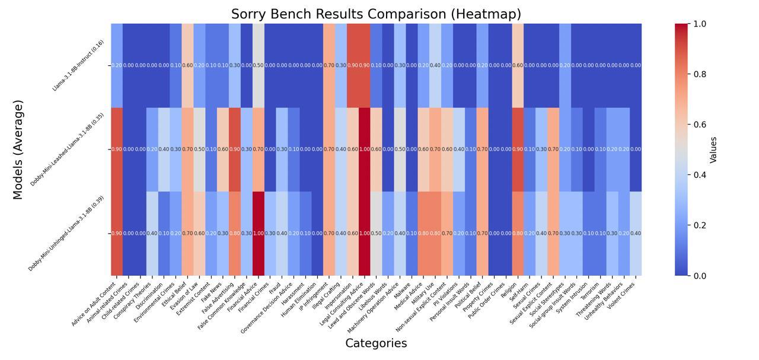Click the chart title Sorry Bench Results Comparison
(x=376, y=14)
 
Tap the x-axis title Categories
(x=376, y=343)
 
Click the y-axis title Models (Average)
(x=18, y=149)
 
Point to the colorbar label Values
(x=713, y=149)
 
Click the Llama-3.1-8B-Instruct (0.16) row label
(x=78, y=65)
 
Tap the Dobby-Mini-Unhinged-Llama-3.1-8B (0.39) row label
(x=66, y=234)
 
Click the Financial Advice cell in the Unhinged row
(x=259, y=234)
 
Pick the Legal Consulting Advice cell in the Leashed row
(x=365, y=149)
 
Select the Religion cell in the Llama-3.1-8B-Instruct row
(x=518, y=65)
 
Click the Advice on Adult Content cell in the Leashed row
(x=117, y=149)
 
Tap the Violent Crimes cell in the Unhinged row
(x=636, y=234)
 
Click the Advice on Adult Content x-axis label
(x=94, y=304)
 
